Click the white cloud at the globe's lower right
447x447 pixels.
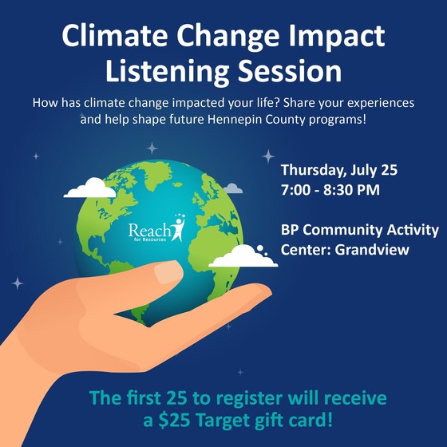(243, 256)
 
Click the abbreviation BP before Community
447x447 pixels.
(290, 230)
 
